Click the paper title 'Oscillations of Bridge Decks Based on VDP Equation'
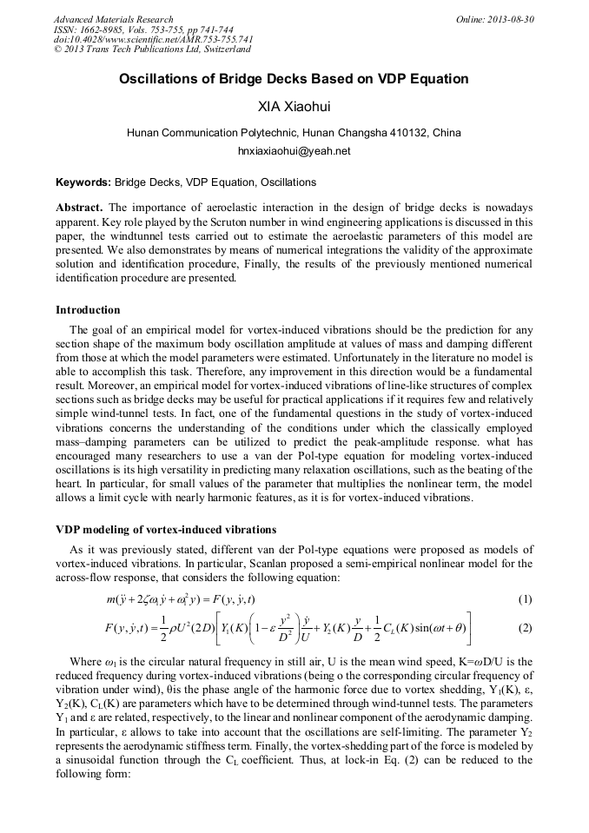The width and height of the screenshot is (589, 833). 294,79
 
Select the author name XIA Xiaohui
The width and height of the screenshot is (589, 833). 294,108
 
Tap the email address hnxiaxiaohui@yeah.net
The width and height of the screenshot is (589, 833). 294,150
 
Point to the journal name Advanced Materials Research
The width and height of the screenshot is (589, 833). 113,19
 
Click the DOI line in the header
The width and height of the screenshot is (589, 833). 153,40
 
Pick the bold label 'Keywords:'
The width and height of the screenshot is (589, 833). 83,182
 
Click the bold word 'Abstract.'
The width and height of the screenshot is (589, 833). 79,208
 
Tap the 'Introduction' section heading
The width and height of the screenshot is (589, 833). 88,310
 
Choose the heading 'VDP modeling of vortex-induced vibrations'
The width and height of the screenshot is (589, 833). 166,529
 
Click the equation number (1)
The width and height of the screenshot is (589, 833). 525,599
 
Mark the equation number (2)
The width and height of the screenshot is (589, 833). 525,627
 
